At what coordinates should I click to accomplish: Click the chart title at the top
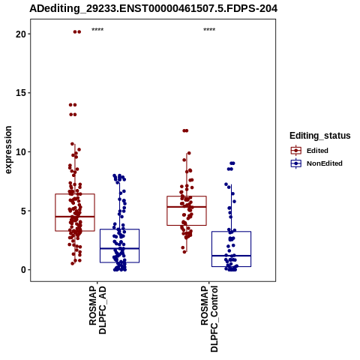[x=153, y=9]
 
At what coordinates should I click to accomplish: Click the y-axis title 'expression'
[x=8, y=150]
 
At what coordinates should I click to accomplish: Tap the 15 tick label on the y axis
[x=21, y=93]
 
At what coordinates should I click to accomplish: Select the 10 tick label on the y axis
[x=21, y=152]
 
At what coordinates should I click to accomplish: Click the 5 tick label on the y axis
[x=24, y=211]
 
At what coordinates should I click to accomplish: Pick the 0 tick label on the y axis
[x=24, y=270]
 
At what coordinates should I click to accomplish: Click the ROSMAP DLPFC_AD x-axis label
[x=97, y=310]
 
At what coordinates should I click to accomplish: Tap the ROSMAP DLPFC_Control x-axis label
[x=209, y=319]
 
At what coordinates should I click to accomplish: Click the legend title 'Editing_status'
[x=320, y=136]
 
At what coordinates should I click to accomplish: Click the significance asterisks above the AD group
[x=97, y=30]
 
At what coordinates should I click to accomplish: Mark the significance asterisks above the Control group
[x=209, y=30]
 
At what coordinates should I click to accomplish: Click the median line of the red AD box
[x=75, y=217]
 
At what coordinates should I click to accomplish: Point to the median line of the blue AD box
[x=119, y=248]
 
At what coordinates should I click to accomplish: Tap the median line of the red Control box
[x=187, y=207]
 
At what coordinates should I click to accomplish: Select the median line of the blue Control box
[x=231, y=256]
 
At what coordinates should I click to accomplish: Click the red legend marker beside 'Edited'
[x=296, y=151]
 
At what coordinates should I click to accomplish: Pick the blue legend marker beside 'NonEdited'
[x=296, y=163]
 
